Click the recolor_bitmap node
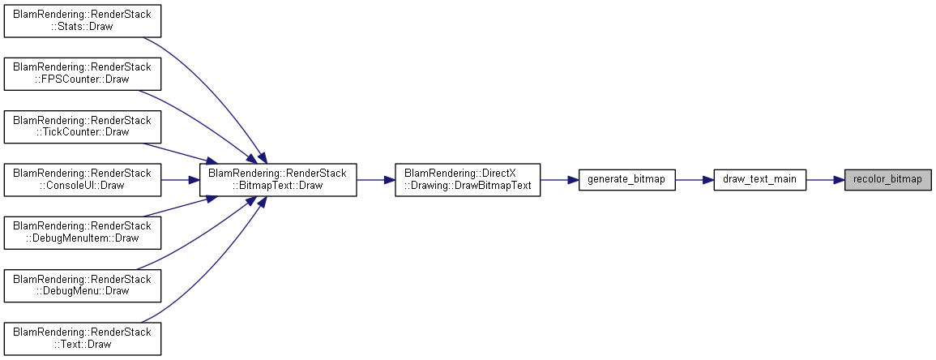coord(887,179)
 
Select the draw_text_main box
coord(760,179)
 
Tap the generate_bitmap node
coord(626,179)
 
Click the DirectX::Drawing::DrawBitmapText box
coord(468,179)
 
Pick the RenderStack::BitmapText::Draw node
coord(278,179)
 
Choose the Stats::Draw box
coord(83,20)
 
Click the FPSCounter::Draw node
coord(83,74)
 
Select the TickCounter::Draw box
coord(83,126)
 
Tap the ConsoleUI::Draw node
coord(83,179)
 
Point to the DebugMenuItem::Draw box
coord(83,232)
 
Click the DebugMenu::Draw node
coord(83,285)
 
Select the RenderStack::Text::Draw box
coord(83,338)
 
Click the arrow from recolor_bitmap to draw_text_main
coord(825,179)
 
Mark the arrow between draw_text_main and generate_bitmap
coord(695,179)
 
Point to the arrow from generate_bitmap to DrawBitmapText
coord(559,179)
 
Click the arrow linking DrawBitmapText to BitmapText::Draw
coord(375,179)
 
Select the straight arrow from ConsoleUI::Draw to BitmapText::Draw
coord(180,179)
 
